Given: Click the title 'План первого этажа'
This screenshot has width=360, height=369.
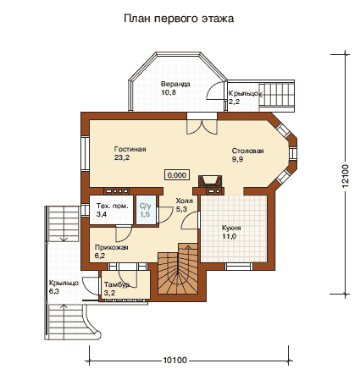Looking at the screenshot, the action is pos(179,19).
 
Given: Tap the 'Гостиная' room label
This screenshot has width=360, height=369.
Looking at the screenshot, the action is pos(130,149).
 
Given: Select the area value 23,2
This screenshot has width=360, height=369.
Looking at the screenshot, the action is pos(122,157).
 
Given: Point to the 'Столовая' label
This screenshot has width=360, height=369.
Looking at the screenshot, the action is pos(247,151).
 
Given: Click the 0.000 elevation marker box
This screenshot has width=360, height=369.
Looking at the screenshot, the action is pos(177,175).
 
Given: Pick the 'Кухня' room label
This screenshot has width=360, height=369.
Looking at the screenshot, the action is pos(231,228).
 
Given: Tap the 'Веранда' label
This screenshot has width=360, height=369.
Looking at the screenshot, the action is pos(175,84).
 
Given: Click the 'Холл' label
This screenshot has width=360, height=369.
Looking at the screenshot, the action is pos(184,201).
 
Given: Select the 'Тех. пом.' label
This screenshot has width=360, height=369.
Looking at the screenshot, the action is pos(112,206).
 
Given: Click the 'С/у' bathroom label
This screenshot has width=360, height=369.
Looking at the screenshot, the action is pos(145,206).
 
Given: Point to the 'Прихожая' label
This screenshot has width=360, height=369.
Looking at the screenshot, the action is pos(111,247).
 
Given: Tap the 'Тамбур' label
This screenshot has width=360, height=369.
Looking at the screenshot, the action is pos(117,284).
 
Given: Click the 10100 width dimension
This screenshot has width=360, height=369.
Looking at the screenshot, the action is pos(175,361).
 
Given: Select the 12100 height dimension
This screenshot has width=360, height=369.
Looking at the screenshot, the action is pos(346,176).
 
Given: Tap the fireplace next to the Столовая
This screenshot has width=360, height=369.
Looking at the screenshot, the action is pos(210,182).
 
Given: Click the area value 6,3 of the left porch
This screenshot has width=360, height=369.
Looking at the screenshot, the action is pos(53,291).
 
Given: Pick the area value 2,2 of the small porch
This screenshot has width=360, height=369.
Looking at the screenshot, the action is pos(234,102).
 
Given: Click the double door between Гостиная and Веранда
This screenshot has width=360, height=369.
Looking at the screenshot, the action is pos(202,126).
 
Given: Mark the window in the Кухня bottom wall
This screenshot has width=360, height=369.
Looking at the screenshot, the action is pos(239,267).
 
